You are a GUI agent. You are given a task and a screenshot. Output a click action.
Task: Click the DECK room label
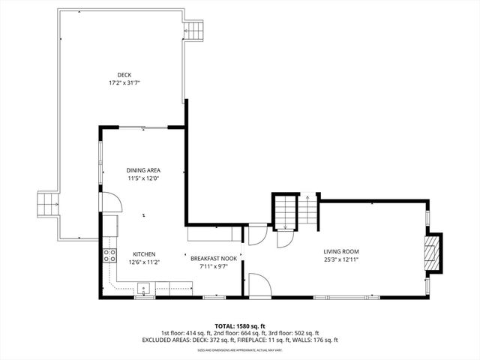coord(124,73)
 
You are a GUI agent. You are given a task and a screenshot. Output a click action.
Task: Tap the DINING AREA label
coord(143,170)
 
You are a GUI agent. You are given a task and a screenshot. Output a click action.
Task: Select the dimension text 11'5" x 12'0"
coord(143,178)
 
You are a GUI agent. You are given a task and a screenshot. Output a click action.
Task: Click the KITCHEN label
coord(144,254)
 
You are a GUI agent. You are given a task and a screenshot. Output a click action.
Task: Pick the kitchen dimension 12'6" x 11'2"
coord(144,262)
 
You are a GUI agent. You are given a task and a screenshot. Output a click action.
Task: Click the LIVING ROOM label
coord(341,251)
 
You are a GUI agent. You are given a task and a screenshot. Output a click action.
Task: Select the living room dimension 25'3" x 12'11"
coord(341,259)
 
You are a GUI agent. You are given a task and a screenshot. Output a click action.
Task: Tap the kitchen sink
coord(144,288)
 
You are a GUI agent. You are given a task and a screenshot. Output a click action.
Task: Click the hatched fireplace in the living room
coord(433,253)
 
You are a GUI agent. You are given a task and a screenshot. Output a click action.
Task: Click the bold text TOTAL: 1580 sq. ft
coord(240,325)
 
